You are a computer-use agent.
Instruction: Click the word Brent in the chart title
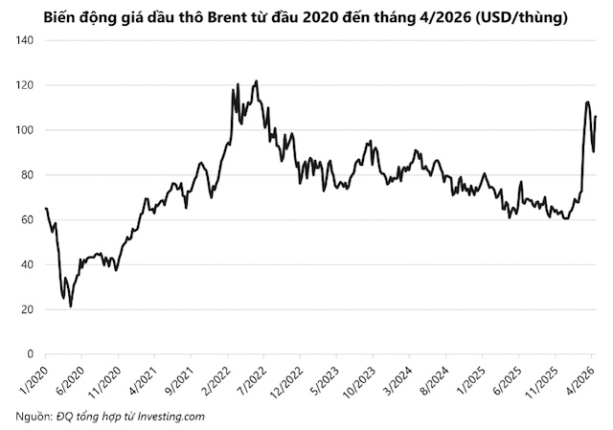[235, 16]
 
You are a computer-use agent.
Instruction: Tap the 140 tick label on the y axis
[24, 40]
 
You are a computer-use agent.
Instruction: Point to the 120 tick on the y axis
[24, 85]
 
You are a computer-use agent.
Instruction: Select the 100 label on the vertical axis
[24, 130]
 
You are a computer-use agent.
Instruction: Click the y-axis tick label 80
[27, 175]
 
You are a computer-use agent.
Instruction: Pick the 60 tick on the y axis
[27, 220]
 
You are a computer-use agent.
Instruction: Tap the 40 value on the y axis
[27, 265]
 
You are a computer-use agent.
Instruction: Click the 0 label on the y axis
[30, 354]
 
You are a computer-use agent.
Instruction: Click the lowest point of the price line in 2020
[71, 306]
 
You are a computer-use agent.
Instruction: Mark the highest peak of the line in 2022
[256, 81]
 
